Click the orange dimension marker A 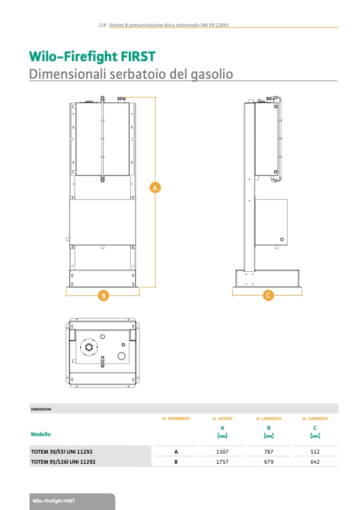(x=155, y=188)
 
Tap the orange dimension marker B (x=103, y=296)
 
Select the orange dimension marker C (x=269, y=295)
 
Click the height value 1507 (x=222, y=452)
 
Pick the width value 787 (x=269, y=452)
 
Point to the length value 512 (x=315, y=452)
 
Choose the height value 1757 (x=222, y=462)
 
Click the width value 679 (x=269, y=462)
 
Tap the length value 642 (x=315, y=462)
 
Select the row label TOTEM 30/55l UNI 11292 (x=62, y=452)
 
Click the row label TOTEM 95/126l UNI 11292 (x=63, y=462)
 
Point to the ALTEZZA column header (x=225, y=419)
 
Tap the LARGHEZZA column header (x=272, y=419)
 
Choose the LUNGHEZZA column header (x=318, y=419)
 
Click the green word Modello (x=41, y=434)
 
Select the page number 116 (x=102, y=24)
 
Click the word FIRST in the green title (x=138, y=56)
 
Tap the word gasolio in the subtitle (x=212, y=74)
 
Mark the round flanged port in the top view (x=89, y=347)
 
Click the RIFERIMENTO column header (x=179, y=419)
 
